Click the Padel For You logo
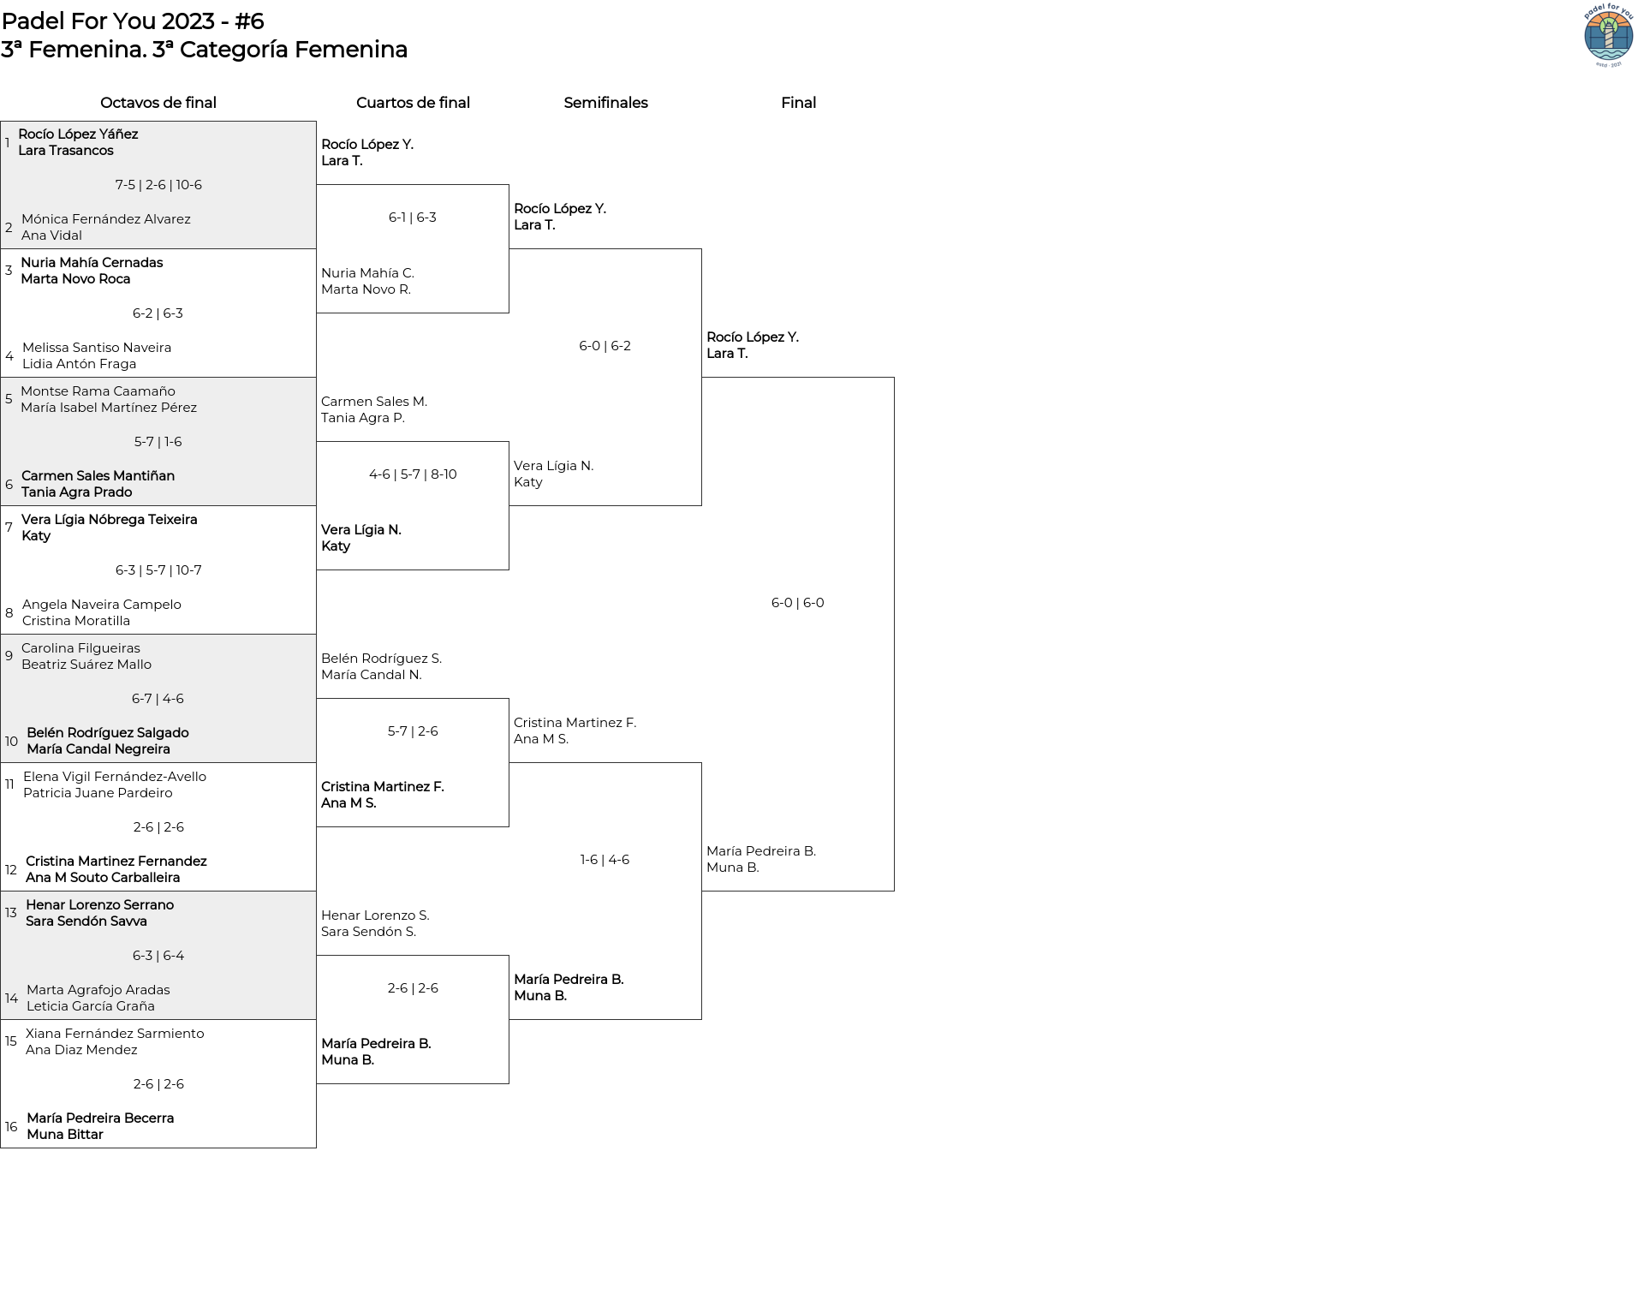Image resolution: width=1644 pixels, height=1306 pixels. point(1609,35)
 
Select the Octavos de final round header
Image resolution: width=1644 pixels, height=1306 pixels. point(158,103)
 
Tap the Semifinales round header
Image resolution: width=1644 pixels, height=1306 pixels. point(605,103)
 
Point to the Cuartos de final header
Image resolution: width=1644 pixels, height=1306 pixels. point(413,103)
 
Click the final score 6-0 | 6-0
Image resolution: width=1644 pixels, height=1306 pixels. point(798,603)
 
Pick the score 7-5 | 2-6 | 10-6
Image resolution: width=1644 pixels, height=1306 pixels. point(158,185)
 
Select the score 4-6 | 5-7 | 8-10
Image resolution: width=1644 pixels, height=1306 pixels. point(413,474)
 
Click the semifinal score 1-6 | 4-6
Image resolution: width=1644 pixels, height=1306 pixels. point(605,860)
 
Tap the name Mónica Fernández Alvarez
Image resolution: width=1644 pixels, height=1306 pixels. point(106,219)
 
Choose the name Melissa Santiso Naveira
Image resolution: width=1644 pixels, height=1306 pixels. point(97,348)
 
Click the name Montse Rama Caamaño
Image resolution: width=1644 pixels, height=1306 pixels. point(98,391)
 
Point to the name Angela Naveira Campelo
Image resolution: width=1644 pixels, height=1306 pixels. point(102,605)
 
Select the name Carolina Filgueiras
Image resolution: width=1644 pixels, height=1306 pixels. point(80,648)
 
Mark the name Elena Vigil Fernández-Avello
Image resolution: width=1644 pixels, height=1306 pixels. point(115,777)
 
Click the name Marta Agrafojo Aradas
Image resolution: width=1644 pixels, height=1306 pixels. point(98,990)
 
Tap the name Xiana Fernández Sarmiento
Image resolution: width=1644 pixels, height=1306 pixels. point(115,1034)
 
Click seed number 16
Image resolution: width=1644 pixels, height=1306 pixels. point(11,1127)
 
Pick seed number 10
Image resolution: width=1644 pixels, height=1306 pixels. point(11,742)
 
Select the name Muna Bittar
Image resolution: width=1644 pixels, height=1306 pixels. point(65,1135)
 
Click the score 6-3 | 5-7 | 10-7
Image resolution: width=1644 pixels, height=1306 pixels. point(158,570)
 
